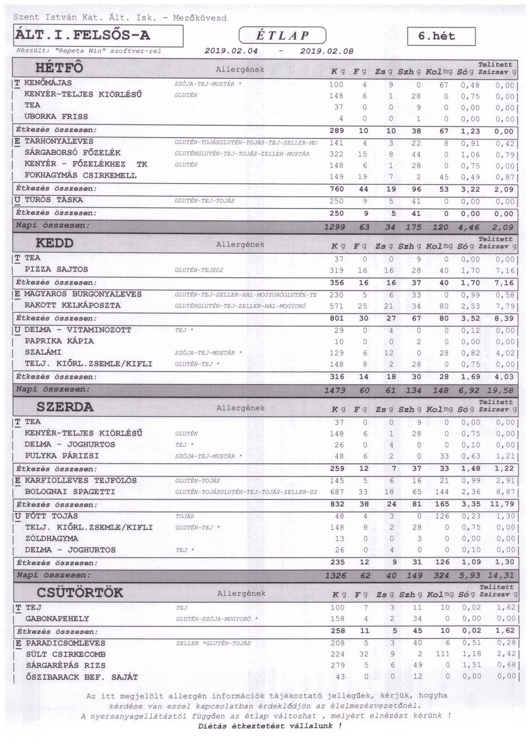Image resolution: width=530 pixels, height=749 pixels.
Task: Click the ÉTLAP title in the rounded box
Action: tap(282, 36)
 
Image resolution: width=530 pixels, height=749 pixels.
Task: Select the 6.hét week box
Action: tap(441, 36)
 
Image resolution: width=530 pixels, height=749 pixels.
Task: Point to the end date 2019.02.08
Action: tap(327, 51)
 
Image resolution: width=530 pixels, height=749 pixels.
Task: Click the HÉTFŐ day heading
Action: tap(59, 68)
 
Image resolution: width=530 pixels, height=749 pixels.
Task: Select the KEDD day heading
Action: tap(55, 243)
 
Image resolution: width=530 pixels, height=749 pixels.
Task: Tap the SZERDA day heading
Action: tap(65, 407)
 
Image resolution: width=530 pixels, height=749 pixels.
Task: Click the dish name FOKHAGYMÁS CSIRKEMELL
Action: tap(81, 175)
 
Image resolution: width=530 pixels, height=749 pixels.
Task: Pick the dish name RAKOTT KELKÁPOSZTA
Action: tap(73, 305)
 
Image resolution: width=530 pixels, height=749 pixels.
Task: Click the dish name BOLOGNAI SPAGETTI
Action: tap(70, 492)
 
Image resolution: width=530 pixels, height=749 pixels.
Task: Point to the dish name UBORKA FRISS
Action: tap(56, 116)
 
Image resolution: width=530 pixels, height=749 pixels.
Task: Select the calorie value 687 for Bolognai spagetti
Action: tap(336, 492)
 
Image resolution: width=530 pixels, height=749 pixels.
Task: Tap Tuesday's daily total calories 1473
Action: tap(335, 390)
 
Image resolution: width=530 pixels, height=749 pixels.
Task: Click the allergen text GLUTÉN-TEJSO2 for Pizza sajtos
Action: tap(199, 270)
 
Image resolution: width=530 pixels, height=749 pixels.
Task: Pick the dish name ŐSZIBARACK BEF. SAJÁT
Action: tap(82, 677)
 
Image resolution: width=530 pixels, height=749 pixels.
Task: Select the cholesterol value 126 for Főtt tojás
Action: tap(442, 516)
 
